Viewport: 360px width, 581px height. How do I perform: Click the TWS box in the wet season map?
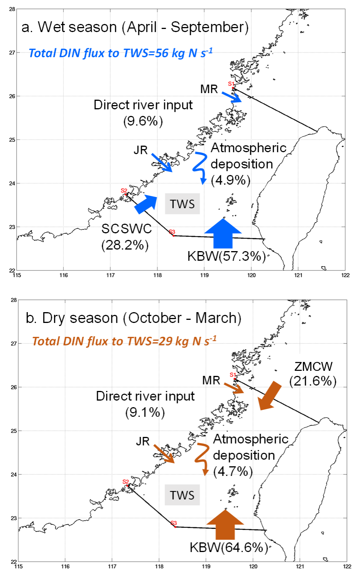182,204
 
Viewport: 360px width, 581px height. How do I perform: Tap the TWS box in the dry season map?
182,495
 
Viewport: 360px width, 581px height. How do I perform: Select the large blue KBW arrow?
223,233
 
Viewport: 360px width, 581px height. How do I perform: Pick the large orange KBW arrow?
225,525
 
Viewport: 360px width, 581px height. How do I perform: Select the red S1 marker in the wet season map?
231,84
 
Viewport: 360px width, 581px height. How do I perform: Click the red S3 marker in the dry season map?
174,523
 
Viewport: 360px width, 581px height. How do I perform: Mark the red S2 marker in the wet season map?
124,190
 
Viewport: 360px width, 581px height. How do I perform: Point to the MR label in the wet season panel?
209,89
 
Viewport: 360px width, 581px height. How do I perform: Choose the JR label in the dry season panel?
143,442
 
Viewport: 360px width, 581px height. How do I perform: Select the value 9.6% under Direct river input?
143,121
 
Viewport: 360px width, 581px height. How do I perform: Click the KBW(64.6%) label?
229,547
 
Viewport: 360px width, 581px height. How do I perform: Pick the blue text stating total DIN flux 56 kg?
121,53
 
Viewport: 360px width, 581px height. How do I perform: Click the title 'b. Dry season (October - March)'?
133,318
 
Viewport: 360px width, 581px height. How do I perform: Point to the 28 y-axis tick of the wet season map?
12,9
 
